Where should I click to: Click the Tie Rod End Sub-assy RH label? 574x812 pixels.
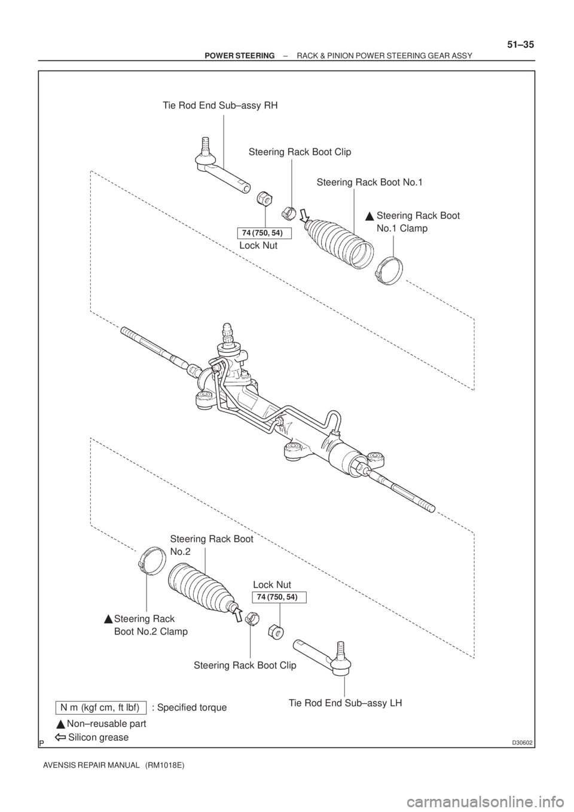point(221,106)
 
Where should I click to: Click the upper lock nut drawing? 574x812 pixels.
point(263,197)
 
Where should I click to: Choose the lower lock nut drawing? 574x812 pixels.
point(276,630)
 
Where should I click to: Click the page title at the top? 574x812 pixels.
point(338,55)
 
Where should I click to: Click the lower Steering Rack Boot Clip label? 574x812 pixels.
point(245,664)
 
